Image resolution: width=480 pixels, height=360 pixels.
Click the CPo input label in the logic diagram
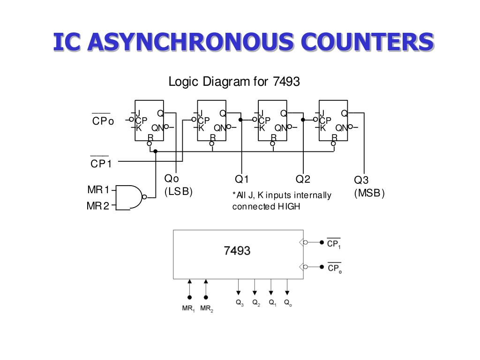(103, 121)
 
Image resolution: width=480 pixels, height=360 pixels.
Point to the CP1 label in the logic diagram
(101, 164)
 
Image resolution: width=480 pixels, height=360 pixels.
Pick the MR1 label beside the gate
(98, 190)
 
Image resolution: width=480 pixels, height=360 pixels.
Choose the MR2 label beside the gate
(98, 206)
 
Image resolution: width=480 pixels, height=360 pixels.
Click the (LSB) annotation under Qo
(178, 192)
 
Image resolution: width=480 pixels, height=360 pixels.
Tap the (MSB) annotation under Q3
(369, 193)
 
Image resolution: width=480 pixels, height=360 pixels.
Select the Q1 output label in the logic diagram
(241, 180)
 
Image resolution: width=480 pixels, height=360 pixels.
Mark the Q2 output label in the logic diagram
(303, 180)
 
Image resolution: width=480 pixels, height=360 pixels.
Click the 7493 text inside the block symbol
(237, 251)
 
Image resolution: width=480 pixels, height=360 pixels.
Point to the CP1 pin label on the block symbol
(334, 244)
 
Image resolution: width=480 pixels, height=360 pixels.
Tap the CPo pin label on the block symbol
(334, 269)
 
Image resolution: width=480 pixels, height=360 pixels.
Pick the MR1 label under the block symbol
(188, 309)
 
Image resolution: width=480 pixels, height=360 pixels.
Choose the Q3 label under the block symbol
(240, 303)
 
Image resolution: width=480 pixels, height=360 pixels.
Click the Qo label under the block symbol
(288, 303)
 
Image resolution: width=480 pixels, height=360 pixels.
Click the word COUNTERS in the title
(367, 42)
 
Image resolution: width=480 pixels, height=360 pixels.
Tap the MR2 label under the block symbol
(207, 309)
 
